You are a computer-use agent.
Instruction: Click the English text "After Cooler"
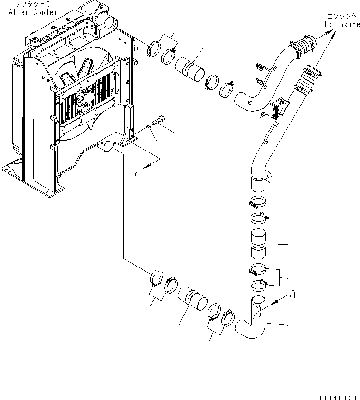click(x=33, y=12)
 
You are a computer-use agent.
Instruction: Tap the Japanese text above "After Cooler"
click(x=33, y=4)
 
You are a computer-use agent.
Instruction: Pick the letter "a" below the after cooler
click(x=138, y=172)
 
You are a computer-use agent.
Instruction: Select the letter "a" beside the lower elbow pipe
click(x=293, y=295)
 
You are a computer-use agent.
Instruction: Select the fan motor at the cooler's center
click(x=85, y=100)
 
